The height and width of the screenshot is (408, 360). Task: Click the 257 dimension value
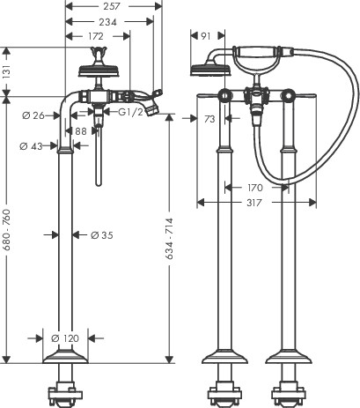pos(112,6)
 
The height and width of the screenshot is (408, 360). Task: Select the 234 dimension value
pos(107,22)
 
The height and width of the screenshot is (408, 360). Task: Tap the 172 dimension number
pos(96,36)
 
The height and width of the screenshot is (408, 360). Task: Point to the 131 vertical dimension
pos(7,72)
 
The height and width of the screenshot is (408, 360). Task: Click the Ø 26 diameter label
pos(33,115)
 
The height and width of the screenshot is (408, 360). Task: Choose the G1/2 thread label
pos(130,112)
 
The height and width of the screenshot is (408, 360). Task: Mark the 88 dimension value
pos(81,131)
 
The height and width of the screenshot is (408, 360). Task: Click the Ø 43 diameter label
pos(31,146)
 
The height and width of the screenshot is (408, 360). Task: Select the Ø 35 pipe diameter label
pos(102,235)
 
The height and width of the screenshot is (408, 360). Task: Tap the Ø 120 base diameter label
pos(65,338)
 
